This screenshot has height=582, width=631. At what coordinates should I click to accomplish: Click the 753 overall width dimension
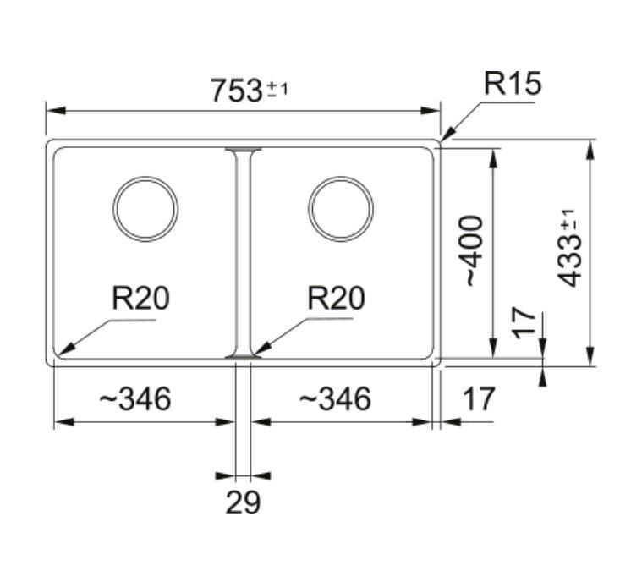(249, 91)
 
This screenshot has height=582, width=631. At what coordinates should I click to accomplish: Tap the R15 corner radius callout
(513, 84)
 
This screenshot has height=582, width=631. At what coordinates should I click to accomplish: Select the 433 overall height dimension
(570, 249)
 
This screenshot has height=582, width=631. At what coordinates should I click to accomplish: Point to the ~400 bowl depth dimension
(474, 251)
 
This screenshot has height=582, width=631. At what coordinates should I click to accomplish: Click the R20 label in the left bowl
(140, 298)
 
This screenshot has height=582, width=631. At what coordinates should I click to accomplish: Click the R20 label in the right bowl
(336, 298)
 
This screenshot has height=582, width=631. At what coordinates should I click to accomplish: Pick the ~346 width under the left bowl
(135, 398)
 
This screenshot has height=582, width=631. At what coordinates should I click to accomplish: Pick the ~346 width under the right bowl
(335, 398)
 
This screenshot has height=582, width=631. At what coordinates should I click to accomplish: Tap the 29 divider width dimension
(243, 502)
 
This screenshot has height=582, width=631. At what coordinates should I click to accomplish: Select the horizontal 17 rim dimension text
(478, 398)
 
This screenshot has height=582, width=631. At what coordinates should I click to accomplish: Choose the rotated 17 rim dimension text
(524, 323)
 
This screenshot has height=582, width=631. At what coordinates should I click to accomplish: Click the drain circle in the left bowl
(145, 176)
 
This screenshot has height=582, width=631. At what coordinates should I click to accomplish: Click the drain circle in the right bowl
(341, 176)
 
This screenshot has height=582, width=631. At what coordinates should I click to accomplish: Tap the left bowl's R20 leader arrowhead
(66, 349)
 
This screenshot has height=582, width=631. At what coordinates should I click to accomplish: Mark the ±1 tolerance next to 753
(277, 90)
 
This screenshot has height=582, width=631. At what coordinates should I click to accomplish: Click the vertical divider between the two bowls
(243, 253)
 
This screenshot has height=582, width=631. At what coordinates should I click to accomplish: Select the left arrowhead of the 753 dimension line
(56, 110)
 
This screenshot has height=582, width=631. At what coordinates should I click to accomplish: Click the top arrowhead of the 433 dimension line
(590, 151)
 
